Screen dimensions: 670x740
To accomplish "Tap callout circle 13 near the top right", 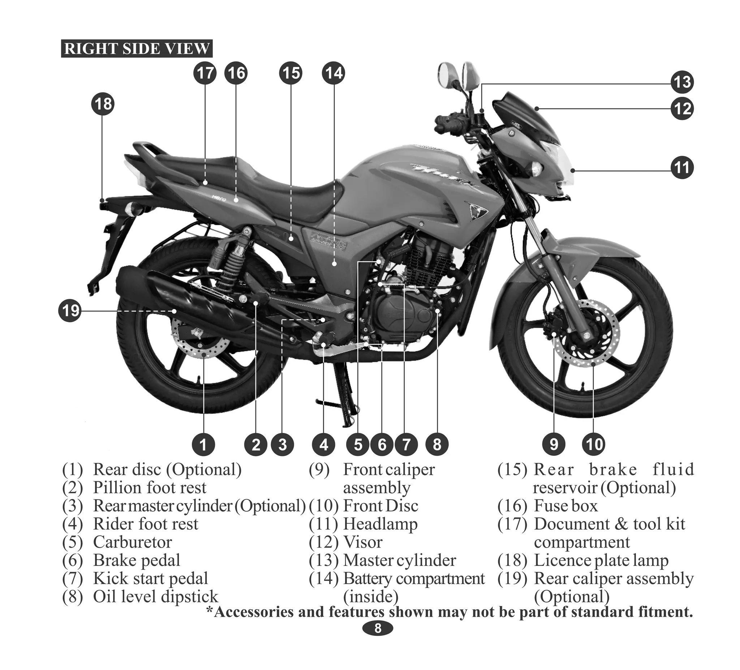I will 683,82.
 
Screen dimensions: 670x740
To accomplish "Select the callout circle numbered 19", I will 70,310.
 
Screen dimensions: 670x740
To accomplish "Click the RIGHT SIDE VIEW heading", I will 137,49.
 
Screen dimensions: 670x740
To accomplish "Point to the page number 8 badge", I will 378,628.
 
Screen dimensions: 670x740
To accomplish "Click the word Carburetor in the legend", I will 132,542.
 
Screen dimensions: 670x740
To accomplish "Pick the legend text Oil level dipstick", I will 155,597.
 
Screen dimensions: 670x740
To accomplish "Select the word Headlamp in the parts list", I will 380,524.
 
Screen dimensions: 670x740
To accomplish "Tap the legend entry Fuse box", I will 565,506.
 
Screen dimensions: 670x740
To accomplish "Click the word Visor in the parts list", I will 362,542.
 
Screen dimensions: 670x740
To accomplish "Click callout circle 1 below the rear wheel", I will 203,444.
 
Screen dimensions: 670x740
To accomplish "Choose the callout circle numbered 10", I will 594,444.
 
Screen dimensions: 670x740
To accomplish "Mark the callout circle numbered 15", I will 291,73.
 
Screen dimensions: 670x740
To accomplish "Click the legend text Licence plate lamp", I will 601,561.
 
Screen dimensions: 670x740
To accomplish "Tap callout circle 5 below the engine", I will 358,444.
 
